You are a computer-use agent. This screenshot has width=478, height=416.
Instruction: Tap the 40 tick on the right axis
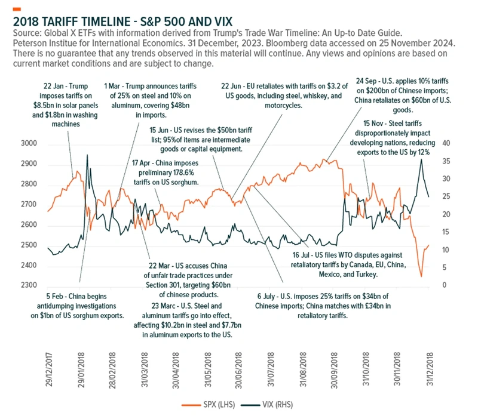(x=445, y=144)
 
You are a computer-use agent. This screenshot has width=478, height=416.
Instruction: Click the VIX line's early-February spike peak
(x=88, y=155)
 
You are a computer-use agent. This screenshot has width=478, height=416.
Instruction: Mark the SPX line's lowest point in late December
(x=421, y=276)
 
